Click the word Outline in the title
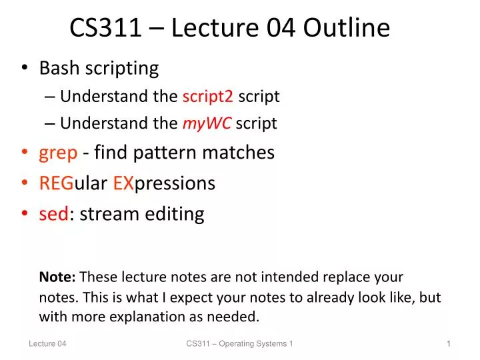point(347,28)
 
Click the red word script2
point(207,97)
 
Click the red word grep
point(58,153)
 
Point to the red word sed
point(54,214)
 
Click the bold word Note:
point(58,277)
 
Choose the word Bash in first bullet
point(57,68)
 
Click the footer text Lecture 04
point(47,343)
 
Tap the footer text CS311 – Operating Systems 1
point(239,343)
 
